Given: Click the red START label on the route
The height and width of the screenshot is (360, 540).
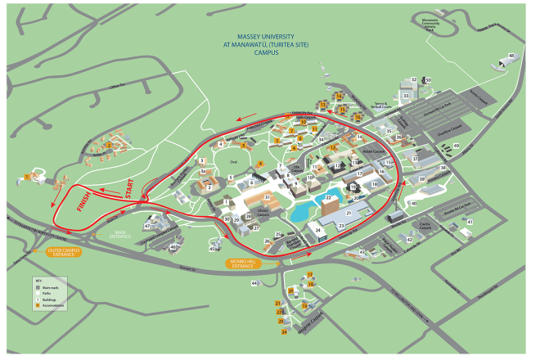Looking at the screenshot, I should tap(129, 188).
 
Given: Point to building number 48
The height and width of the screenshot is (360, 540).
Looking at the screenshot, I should tap(511, 56).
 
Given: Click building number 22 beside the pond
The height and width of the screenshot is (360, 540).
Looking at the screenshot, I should tap(329, 197).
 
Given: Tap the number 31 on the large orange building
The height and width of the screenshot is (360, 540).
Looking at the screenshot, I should tap(268, 197).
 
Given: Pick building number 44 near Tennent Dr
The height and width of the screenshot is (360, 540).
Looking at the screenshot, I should tap(254, 282).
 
